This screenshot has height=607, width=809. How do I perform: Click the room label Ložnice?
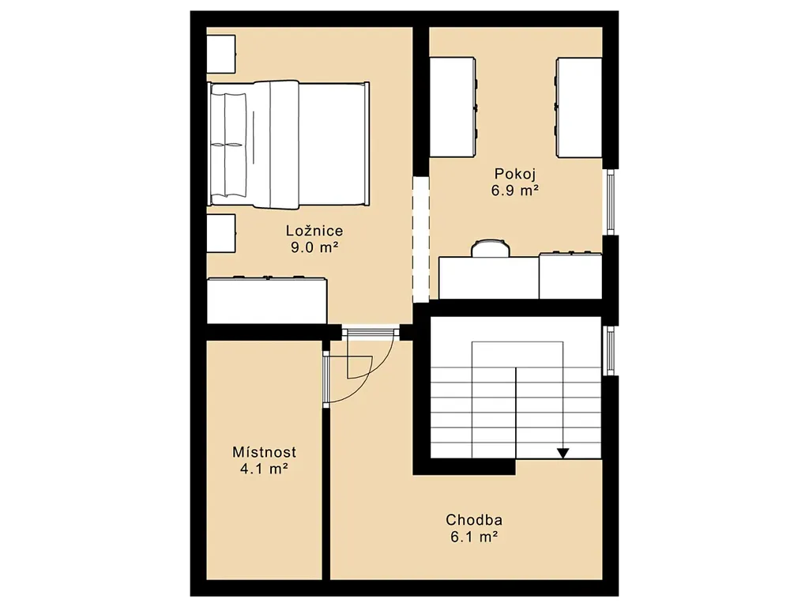(314, 230)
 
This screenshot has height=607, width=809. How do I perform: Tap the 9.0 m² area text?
(314, 247)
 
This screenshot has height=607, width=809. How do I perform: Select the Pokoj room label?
(515, 173)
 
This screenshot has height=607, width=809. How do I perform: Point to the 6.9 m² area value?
(515, 190)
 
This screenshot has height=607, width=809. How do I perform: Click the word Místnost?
(264, 452)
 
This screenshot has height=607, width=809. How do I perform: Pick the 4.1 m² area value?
(264, 469)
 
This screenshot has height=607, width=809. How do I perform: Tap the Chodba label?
(474, 519)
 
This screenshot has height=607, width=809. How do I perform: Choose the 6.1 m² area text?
(474, 537)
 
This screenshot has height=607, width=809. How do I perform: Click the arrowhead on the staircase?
(563, 453)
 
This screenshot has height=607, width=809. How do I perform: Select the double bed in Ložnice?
(288, 145)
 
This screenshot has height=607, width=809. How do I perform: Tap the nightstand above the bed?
(221, 54)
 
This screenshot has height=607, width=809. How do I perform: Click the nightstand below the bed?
(221, 233)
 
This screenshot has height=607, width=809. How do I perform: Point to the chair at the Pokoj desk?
(491, 247)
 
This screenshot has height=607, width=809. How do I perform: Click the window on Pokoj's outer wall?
(611, 202)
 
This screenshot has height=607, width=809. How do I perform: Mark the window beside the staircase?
(611, 350)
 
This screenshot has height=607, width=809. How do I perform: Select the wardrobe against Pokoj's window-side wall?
(578, 107)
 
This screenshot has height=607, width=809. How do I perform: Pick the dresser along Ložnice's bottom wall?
(267, 300)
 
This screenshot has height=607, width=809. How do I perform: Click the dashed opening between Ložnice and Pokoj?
(421, 239)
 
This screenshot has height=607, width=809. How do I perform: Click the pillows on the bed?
(228, 145)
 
